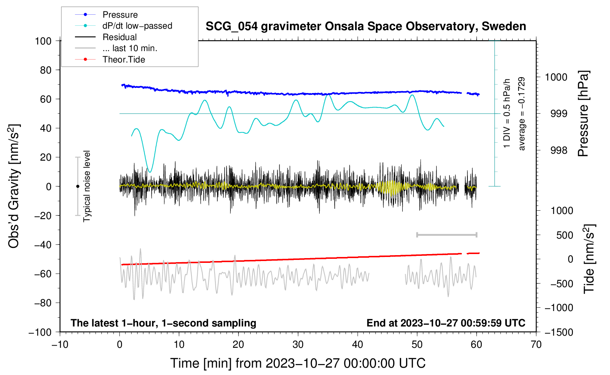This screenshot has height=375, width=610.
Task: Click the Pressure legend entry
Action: (x=106, y=14)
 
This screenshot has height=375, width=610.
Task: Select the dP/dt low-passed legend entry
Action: (x=123, y=26)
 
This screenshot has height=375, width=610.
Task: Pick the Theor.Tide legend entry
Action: (x=110, y=60)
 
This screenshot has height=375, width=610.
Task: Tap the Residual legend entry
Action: (x=106, y=37)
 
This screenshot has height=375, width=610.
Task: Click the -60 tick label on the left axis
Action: (x=43, y=274)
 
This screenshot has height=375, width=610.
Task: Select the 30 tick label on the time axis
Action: (x=298, y=344)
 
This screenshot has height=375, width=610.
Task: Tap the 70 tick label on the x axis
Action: (x=536, y=344)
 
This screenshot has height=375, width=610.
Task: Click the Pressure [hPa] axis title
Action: (x=583, y=114)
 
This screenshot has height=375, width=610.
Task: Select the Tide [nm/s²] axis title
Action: (x=589, y=259)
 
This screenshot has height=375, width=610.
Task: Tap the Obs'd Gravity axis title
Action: (x=14, y=186)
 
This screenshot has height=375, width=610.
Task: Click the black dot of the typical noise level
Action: (x=78, y=186)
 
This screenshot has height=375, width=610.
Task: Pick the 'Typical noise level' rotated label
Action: (x=86, y=186)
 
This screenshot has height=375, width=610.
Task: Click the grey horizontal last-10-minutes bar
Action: (x=446, y=235)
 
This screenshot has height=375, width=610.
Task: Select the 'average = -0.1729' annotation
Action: (x=521, y=114)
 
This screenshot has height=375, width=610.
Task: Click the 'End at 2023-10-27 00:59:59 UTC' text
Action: (x=446, y=323)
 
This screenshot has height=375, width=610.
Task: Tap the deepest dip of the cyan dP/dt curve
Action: (x=150, y=172)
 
